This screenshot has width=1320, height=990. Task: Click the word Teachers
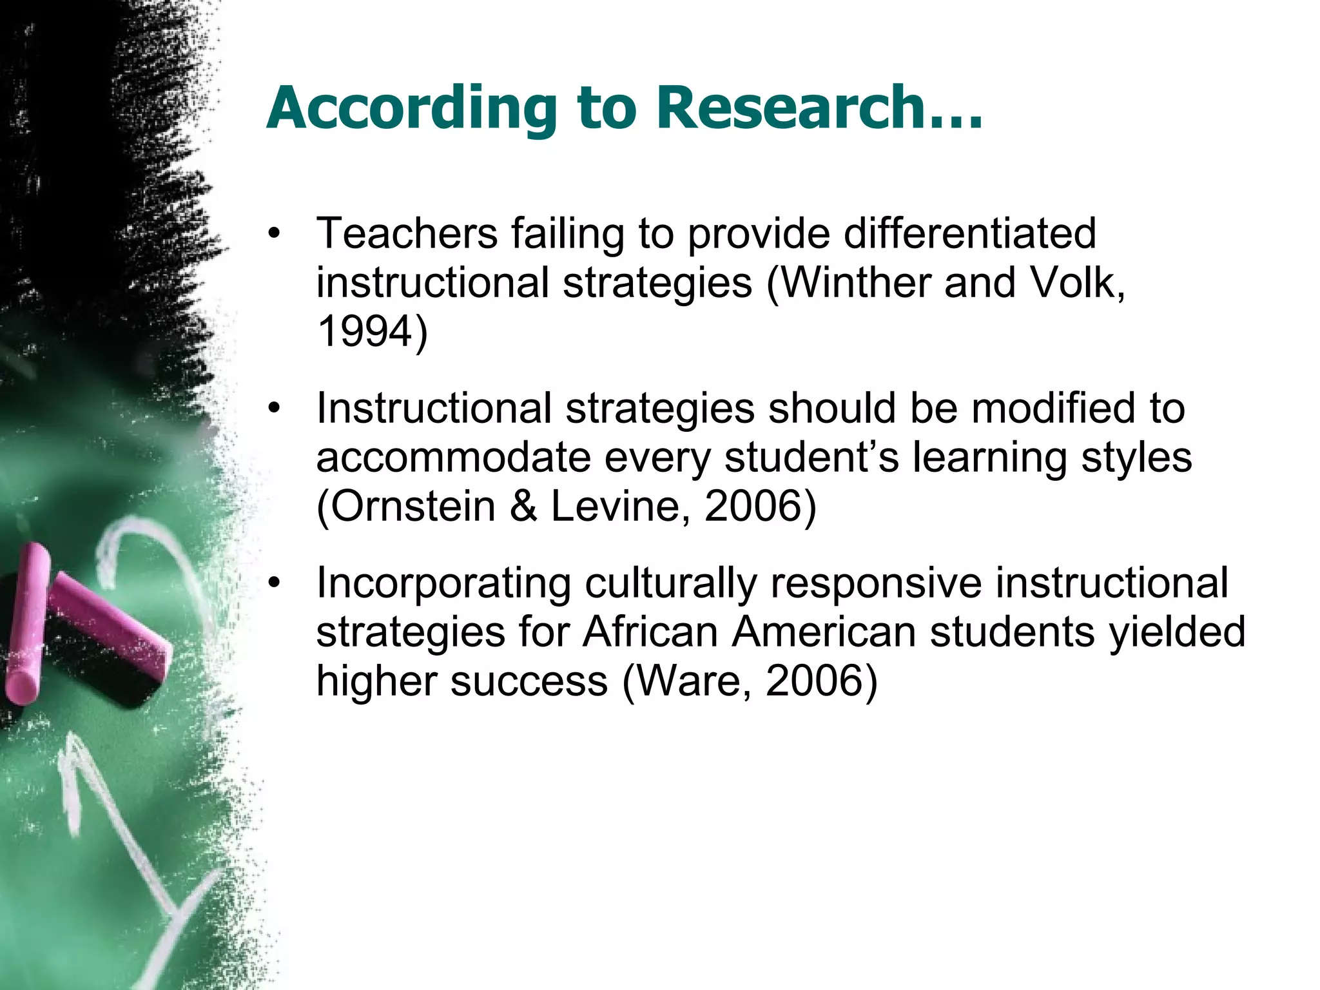coord(407,233)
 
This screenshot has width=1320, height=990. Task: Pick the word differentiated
coord(969,233)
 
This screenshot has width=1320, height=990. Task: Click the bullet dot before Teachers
coord(276,233)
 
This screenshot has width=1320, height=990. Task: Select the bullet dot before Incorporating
coord(276,583)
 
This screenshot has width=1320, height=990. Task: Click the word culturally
coord(670,583)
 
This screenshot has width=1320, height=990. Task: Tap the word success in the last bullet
coord(529,681)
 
